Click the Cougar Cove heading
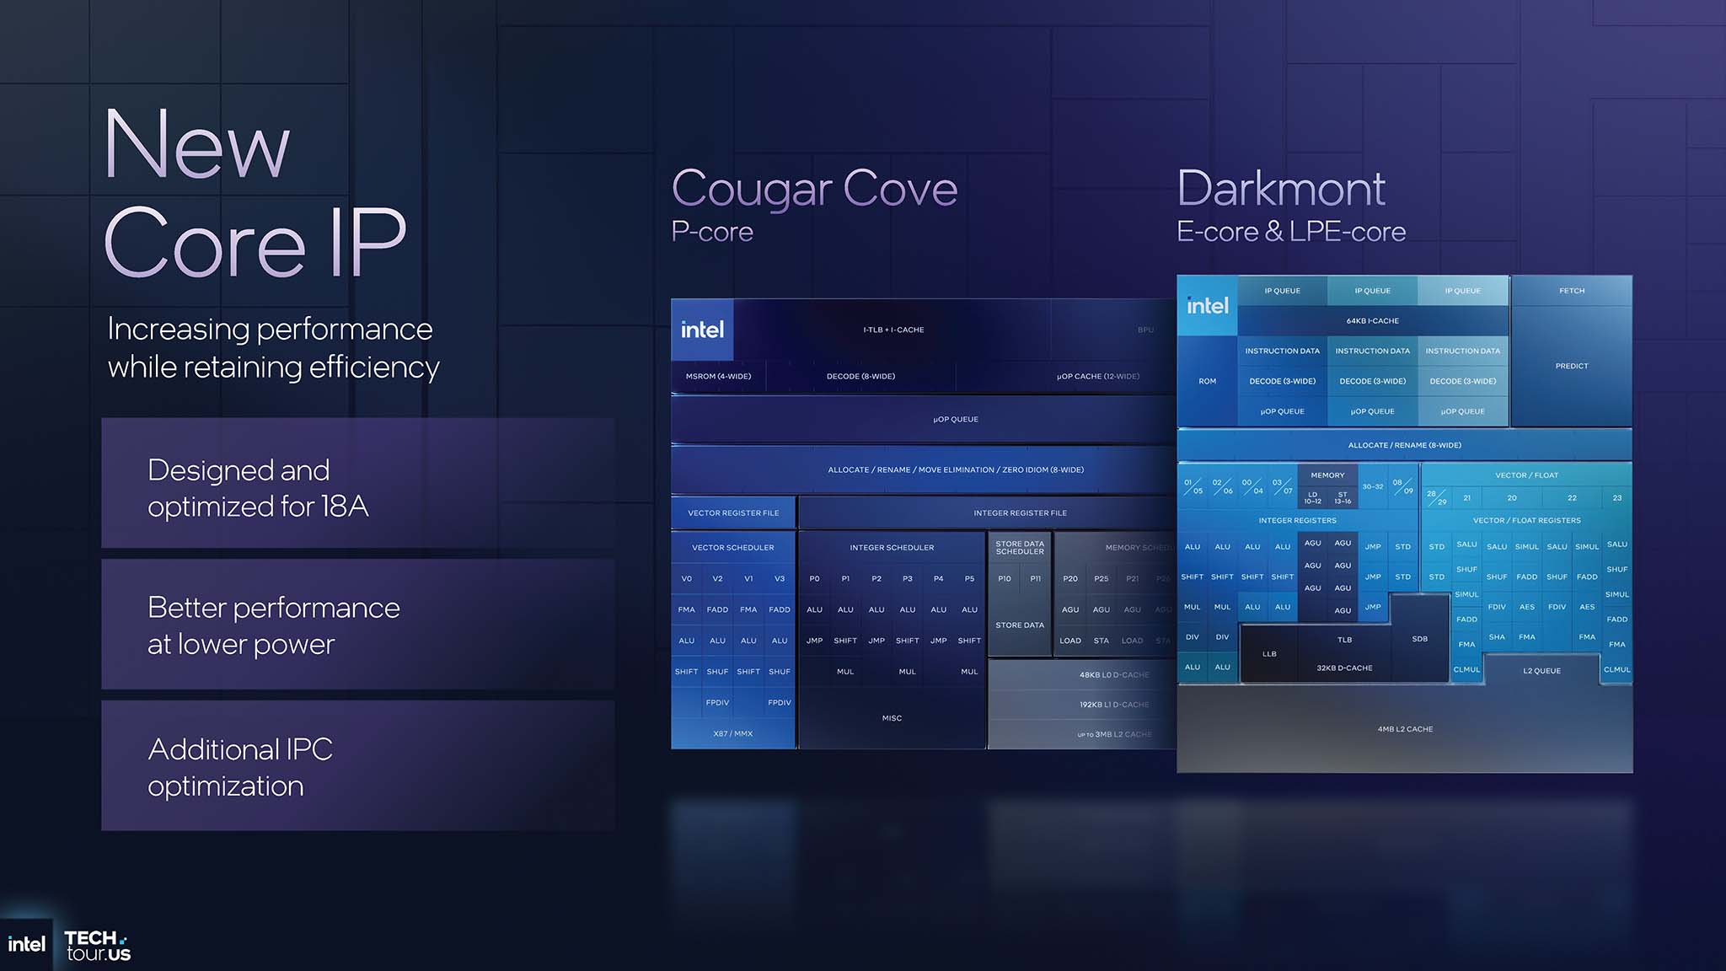coord(814,189)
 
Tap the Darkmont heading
coord(1280,189)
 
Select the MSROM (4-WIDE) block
coord(718,377)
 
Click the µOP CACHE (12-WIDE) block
coord(1097,377)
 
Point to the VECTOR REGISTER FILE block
coord(733,513)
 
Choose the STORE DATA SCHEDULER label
coord(1020,548)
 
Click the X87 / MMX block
coord(733,734)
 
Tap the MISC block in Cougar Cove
coord(892,718)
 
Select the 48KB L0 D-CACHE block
coord(1113,675)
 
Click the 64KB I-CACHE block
coord(1372,321)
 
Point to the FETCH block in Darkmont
coord(1572,291)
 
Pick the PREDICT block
coord(1572,367)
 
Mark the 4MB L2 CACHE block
coord(1405,729)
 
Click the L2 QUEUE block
coord(1541,671)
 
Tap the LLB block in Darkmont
coord(1269,654)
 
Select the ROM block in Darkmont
coord(1207,382)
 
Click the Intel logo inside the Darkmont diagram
coord(1208,306)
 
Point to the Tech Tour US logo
coord(98,946)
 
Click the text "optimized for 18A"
coord(258,507)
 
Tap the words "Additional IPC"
coord(240,749)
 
